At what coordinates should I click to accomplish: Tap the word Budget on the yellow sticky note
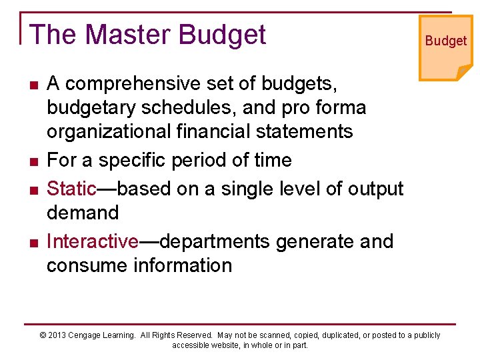coord(446,41)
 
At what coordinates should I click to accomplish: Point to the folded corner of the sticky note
coord(464,72)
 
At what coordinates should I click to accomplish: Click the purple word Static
coord(71,189)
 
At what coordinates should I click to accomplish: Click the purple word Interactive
coord(92,241)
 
